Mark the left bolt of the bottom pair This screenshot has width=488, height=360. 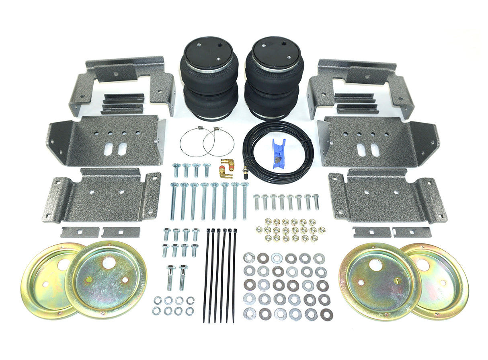(170, 278)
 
